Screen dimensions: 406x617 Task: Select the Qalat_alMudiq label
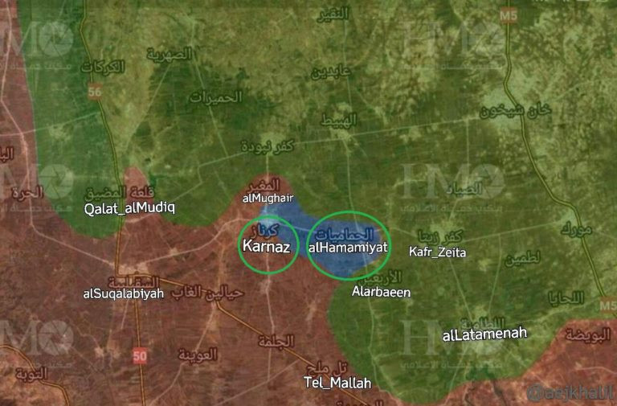click(x=129, y=208)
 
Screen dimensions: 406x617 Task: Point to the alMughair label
click(x=267, y=197)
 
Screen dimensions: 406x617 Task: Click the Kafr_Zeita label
click(x=437, y=252)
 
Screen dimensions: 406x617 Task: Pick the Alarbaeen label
click(x=381, y=293)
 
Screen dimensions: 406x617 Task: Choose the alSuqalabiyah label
click(x=123, y=293)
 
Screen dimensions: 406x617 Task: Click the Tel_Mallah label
click(x=337, y=383)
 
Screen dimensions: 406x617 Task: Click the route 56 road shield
click(x=96, y=92)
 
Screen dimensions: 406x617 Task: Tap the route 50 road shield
click(x=141, y=355)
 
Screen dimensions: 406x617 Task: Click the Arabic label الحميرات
click(x=215, y=97)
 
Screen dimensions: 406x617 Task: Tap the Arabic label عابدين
click(x=331, y=72)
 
